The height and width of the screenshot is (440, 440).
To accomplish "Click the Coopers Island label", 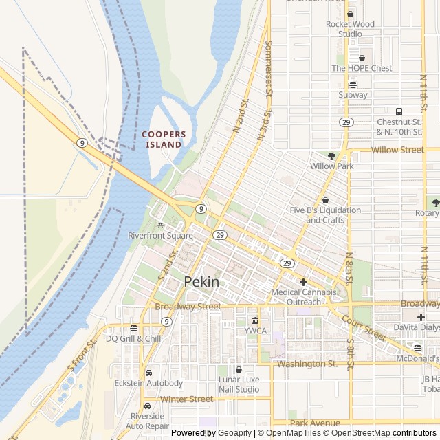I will click(x=163, y=139).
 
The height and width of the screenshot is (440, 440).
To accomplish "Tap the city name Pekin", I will click(x=202, y=282).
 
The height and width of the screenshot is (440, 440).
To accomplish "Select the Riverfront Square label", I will click(x=160, y=236).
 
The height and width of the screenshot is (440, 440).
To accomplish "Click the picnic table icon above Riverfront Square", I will click(x=160, y=225).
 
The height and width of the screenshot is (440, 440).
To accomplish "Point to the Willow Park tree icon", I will click(x=331, y=156).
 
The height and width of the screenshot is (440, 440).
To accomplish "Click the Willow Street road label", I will click(x=397, y=149).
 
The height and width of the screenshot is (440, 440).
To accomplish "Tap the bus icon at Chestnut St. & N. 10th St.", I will click(x=398, y=111).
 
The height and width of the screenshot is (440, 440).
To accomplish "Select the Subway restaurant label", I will click(x=353, y=95).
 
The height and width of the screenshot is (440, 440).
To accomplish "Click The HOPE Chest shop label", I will click(x=362, y=68).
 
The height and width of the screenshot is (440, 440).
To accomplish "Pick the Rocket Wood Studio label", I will click(x=350, y=29).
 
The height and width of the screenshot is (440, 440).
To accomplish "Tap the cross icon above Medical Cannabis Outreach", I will click(x=302, y=282).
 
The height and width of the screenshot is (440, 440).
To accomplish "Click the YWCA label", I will click(x=255, y=330).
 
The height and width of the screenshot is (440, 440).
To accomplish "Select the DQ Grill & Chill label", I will click(x=133, y=338).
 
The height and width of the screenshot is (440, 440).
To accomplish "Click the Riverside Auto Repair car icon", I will click(x=147, y=406).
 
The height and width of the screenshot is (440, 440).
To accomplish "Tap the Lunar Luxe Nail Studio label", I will click(x=239, y=384).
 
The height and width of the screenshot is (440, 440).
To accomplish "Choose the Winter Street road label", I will click(x=186, y=399).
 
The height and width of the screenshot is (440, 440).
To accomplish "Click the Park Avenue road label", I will click(x=314, y=423).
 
